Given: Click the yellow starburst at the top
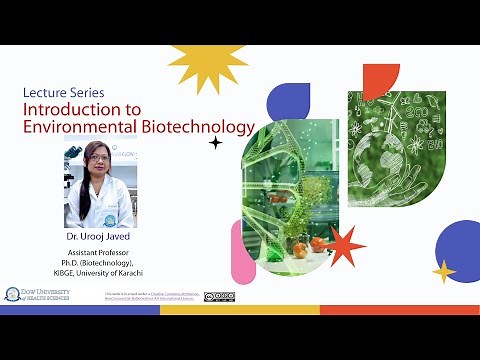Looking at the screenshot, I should coord(209,67).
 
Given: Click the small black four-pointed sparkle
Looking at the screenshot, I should coord(215,143).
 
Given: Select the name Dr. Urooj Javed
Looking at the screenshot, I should coord(98,236).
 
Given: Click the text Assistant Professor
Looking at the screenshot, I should coord(98,253).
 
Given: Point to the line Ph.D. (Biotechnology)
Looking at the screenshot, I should coord(98,263).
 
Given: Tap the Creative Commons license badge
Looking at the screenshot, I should coord(219,296).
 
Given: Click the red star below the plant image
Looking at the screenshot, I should coord(345,244).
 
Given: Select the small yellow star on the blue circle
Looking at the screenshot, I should coord(444,270).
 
